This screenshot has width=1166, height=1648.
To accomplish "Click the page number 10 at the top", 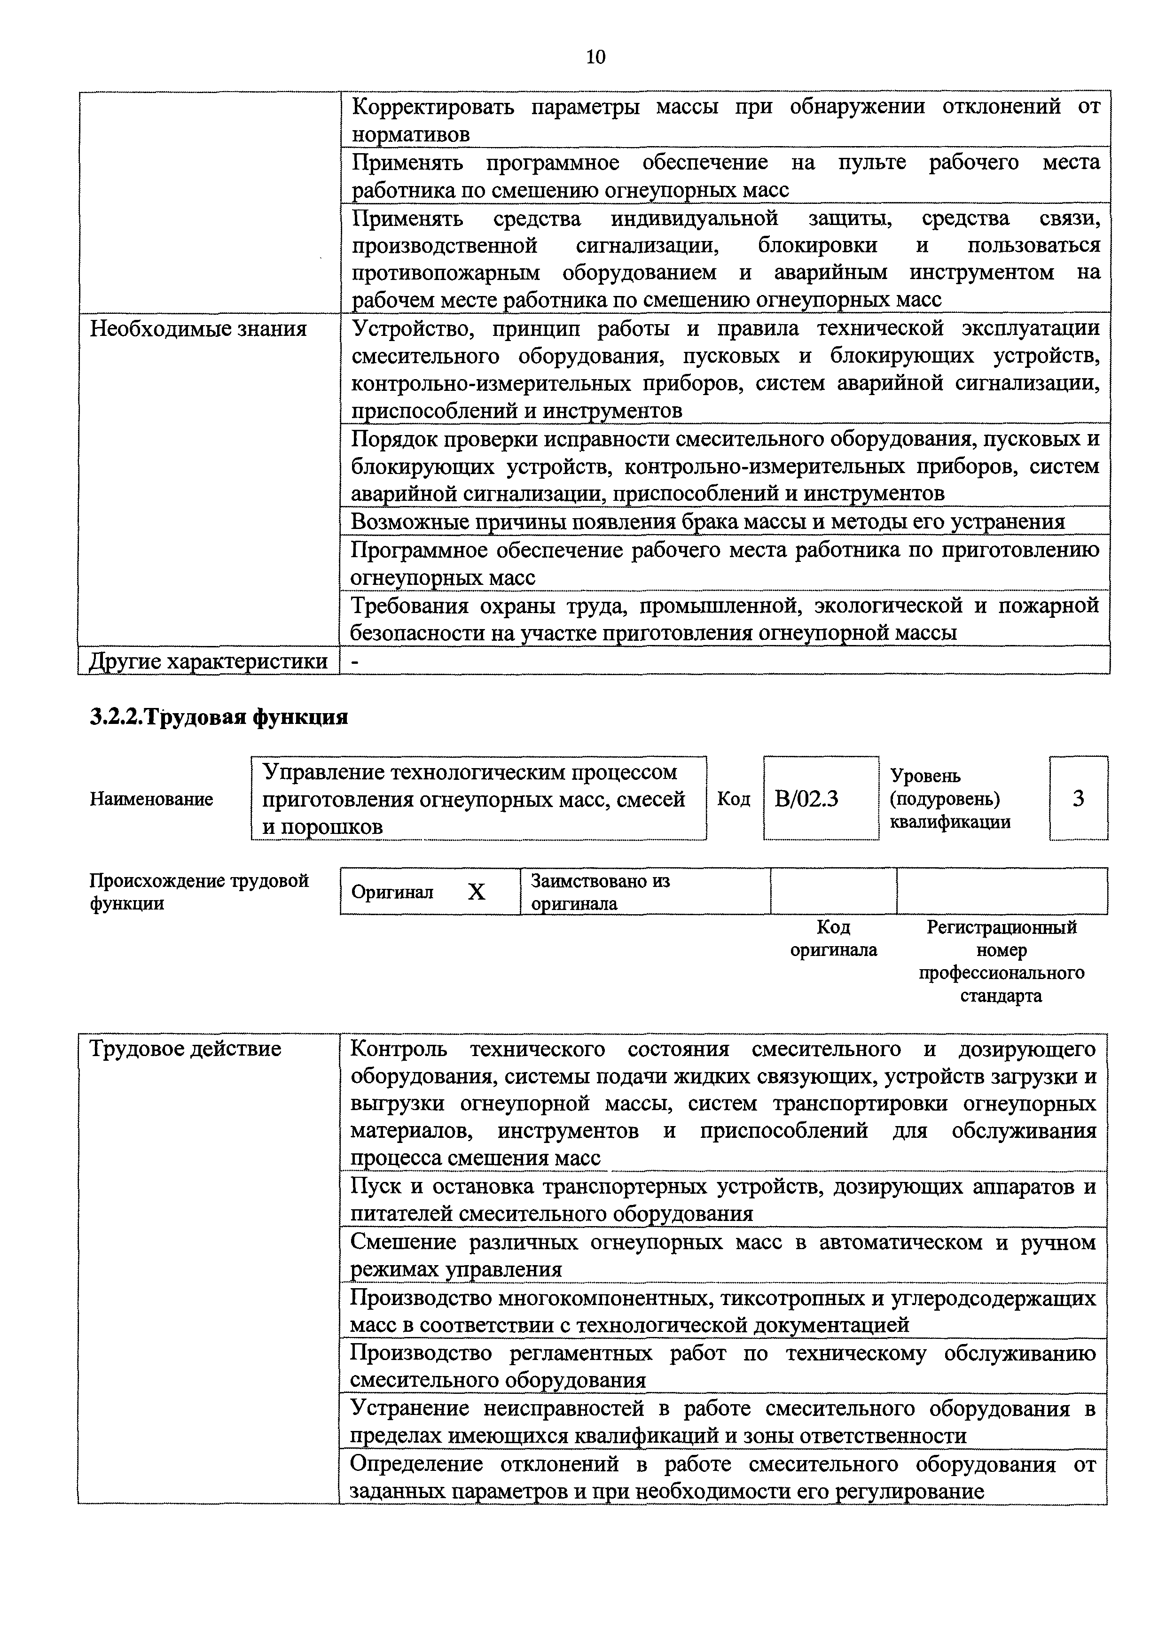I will click(595, 57).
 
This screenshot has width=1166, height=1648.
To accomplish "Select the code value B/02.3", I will click(806, 799).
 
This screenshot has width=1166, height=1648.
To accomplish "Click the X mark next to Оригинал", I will click(476, 892).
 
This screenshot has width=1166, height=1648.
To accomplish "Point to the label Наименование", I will click(151, 800).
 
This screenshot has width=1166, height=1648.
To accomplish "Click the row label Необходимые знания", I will click(198, 329).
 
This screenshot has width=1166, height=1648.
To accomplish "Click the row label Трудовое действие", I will click(185, 1049).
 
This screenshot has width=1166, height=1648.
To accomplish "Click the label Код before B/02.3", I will click(733, 800).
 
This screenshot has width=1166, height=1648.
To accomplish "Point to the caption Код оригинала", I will click(834, 939).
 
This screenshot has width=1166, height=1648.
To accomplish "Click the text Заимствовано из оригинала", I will click(600, 892).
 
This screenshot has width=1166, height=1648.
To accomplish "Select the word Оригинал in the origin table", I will click(392, 892).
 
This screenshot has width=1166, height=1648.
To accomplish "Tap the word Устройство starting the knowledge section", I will click(414, 329).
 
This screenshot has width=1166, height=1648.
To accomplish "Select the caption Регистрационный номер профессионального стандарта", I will click(1002, 962).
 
